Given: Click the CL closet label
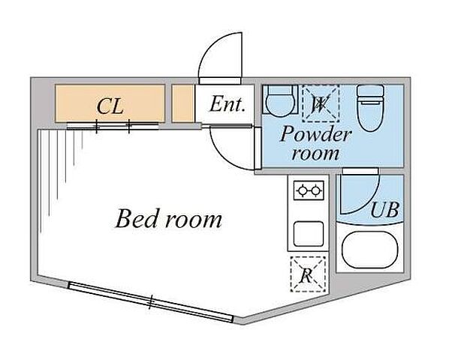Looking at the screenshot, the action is coord(110,106).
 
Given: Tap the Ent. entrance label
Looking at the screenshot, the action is coord(228,104).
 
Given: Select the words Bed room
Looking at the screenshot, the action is coord(169,219).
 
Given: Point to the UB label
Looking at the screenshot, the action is coord(384,209).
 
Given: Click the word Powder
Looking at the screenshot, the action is coord(315,134).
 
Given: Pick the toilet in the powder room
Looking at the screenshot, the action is coord(370,108).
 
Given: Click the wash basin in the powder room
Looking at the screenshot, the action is coord(280,100).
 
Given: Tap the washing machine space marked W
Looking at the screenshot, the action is coord(321,103).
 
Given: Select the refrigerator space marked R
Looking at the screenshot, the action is coord(308,274).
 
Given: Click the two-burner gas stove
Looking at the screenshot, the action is coord(309,190).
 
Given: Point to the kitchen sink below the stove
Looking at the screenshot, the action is coord(309,233).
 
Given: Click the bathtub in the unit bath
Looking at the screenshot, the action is coord(370,250).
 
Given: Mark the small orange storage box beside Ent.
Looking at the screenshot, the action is coord(182,103).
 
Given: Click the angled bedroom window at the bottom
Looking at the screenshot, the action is coord(150,302).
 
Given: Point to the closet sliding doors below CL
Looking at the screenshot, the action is coord(113,126).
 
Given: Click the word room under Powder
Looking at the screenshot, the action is coord(315,154).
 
